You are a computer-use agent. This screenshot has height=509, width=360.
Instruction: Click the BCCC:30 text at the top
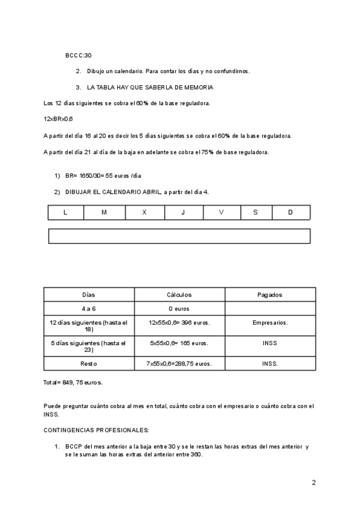tap(78, 55)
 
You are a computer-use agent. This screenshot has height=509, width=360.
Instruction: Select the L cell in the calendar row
tap(65, 212)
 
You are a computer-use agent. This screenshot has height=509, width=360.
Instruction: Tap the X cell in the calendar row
tap(144, 212)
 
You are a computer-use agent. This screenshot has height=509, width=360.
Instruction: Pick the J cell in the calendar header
tap(183, 212)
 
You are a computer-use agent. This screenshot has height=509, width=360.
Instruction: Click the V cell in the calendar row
tap(221, 212)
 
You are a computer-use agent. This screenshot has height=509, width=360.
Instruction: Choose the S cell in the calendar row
tap(256, 212)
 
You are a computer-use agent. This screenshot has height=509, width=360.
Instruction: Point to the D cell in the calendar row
tap(290, 212)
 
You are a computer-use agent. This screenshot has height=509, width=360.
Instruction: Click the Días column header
tap(88, 295)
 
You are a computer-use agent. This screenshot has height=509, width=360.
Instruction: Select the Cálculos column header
tap(179, 295)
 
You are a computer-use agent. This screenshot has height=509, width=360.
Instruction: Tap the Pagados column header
tap(270, 295)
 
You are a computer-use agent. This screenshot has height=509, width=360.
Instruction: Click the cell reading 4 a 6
tap(88, 309)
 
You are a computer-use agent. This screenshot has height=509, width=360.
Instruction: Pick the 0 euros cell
tap(179, 309)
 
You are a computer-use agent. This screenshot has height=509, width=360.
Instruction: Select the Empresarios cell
tap(270, 323)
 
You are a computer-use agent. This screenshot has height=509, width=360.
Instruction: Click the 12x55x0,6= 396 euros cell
tap(179, 323)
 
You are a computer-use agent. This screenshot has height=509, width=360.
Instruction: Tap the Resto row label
tap(88, 364)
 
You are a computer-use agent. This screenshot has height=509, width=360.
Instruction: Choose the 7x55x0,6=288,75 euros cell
tap(179, 364)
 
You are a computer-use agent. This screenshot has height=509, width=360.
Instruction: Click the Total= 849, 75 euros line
tap(73, 382)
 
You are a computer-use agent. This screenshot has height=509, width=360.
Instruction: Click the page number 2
tap(313, 482)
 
